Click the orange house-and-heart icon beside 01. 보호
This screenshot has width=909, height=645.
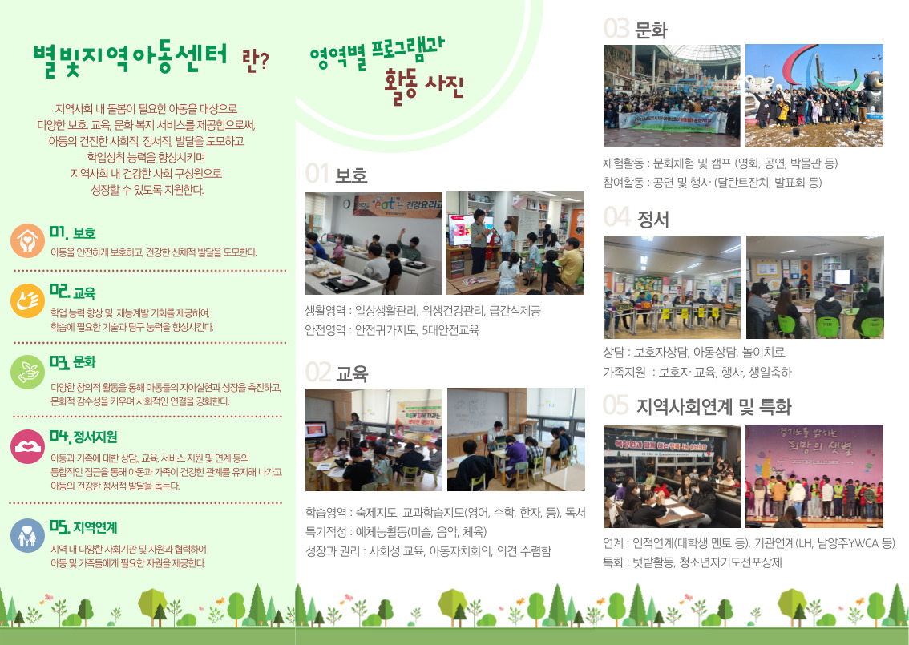click(x=27, y=240)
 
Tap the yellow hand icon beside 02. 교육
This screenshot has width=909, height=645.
click(x=27, y=300)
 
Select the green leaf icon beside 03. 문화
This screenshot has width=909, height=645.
click(x=27, y=372)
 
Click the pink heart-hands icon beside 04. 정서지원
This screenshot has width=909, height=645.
click(x=27, y=447)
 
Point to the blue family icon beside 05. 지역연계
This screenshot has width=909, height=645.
click(x=27, y=535)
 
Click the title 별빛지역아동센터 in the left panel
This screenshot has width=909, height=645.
click(x=130, y=59)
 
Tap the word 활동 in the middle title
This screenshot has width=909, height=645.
click(x=401, y=86)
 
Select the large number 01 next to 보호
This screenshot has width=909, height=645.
click(x=317, y=174)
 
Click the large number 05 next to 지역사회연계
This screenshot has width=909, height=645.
click(x=616, y=405)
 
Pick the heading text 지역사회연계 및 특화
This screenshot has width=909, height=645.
click(x=713, y=407)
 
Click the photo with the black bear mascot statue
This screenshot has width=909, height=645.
click(x=814, y=95)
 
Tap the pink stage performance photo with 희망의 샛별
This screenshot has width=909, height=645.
click(x=814, y=476)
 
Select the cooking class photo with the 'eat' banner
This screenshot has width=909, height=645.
click(x=374, y=244)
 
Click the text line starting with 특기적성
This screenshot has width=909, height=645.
click(x=396, y=532)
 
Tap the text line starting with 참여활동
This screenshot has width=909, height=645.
click(x=713, y=183)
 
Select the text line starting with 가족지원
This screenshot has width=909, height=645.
click(x=697, y=372)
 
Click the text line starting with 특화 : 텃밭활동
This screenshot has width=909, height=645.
click(x=693, y=562)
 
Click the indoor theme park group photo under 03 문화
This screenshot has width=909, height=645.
click(x=672, y=95)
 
